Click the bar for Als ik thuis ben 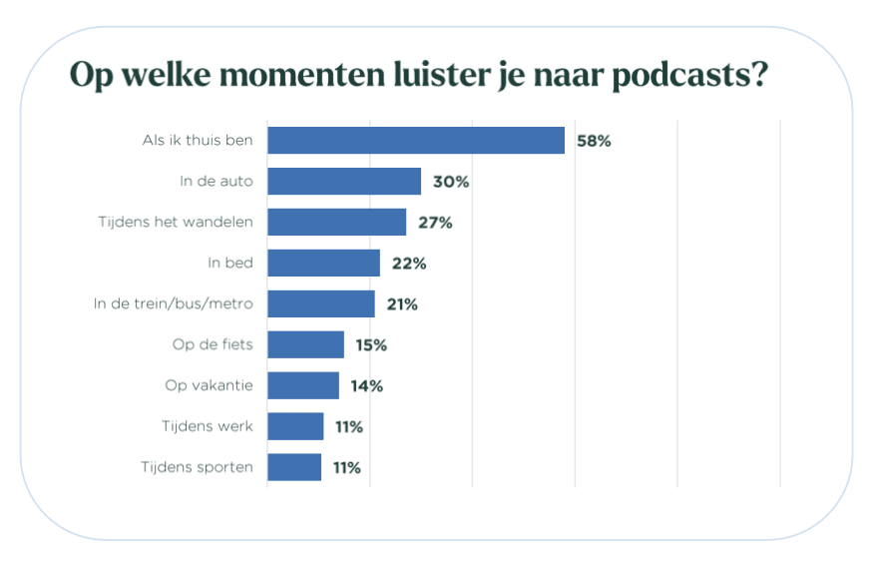click(416, 141)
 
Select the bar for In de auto click(344, 182)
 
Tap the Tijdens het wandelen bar click(337, 223)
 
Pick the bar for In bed click(324, 264)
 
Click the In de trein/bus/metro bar click(321, 304)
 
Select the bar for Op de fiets click(306, 345)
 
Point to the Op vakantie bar click(303, 386)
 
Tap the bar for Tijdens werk click(296, 427)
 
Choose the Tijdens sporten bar click(295, 467)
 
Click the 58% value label click(594, 141)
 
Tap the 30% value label click(451, 182)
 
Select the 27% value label click(435, 223)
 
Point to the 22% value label click(409, 264)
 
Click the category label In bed click(230, 264)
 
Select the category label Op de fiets click(213, 345)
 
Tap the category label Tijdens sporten click(197, 467)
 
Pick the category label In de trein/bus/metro click(173, 304)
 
